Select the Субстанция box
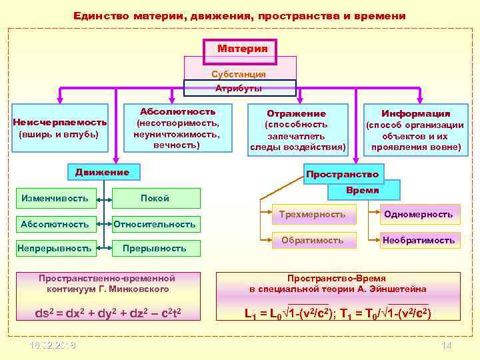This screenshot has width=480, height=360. point(239,74)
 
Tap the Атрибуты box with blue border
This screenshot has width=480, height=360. point(238,88)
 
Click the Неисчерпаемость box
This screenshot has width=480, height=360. point(59,128)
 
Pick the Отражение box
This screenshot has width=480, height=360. point(297,129)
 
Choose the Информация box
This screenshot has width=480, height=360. point(415,129)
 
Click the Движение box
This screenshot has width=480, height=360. point(102,172)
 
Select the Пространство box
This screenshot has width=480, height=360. point(342,174)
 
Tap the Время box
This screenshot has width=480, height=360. point(363,190)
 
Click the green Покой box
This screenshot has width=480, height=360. point(155,198)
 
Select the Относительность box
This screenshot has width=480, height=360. point(155,224)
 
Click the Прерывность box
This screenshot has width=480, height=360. point(155,248)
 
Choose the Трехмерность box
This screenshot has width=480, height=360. point(313,214)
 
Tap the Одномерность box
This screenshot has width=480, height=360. point(418,214)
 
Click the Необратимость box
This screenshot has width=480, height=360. point(418,240)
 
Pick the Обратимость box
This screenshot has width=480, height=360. point(313,240)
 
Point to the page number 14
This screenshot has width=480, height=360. point(447,345)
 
